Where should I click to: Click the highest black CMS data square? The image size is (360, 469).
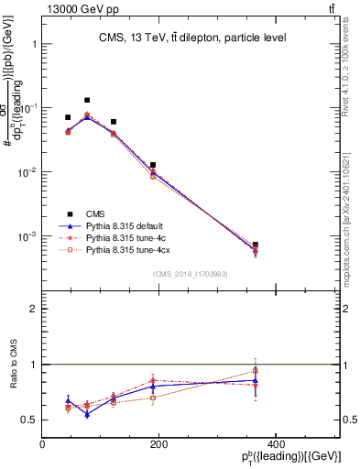(x=87, y=100)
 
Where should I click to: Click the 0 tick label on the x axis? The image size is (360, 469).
(x=43, y=445)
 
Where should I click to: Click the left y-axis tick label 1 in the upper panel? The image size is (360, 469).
(x=33, y=44)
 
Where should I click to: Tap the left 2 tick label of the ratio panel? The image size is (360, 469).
(x=33, y=310)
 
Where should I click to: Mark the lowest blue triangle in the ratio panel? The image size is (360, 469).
(x=87, y=414)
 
